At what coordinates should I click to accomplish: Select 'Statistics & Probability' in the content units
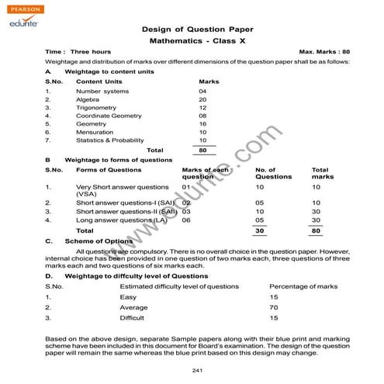(x=111, y=140)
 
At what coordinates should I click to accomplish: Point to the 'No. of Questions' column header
(x=273, y=173)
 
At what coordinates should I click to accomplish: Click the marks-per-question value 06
(x=186, y=220)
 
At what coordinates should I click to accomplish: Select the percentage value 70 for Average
(x=273, y=307)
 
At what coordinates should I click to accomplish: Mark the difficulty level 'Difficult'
(x=132, y=318)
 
